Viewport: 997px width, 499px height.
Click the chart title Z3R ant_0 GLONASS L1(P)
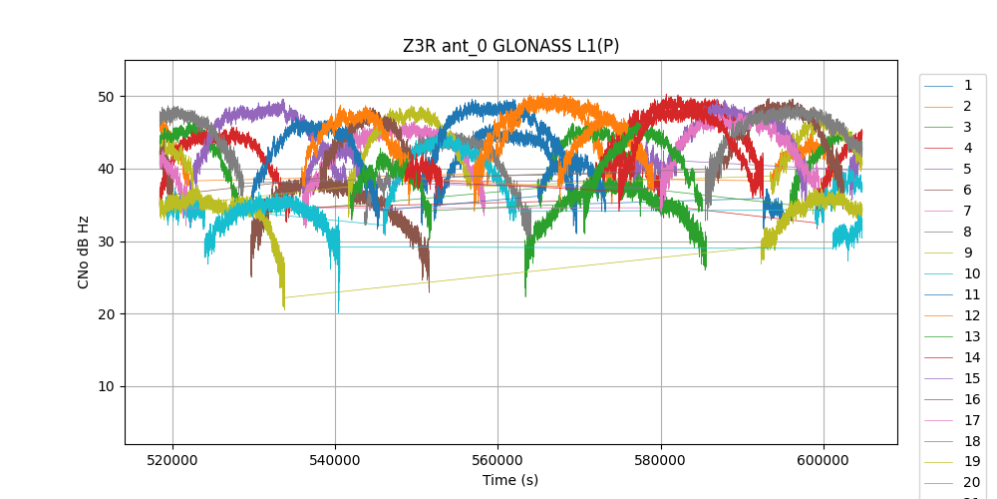pos(510,46)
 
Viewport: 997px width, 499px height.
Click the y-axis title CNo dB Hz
pos(84,251)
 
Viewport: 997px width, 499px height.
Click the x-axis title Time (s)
pos(510,480)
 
